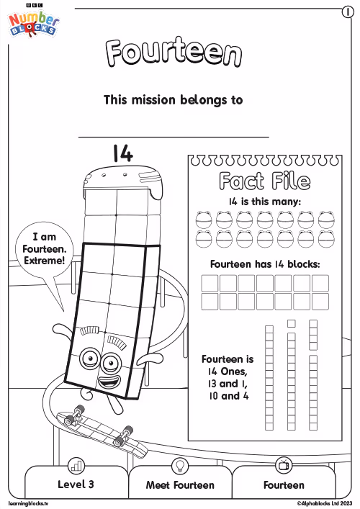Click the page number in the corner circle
point(348,12)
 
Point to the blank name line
point(174,138)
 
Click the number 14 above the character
point(123,153)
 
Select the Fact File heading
point(264,181)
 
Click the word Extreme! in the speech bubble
point(45,261)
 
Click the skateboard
point(102,429)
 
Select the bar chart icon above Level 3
point(76,466)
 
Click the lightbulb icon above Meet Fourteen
point(179,466)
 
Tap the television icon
point(284,466)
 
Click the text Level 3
point(76,485)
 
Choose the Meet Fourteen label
point(180,485)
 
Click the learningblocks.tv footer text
point(28,503)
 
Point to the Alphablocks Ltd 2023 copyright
point(324,503)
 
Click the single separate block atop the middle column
point(292,323)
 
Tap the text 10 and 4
point(229,396)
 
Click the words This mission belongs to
point(173,99)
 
